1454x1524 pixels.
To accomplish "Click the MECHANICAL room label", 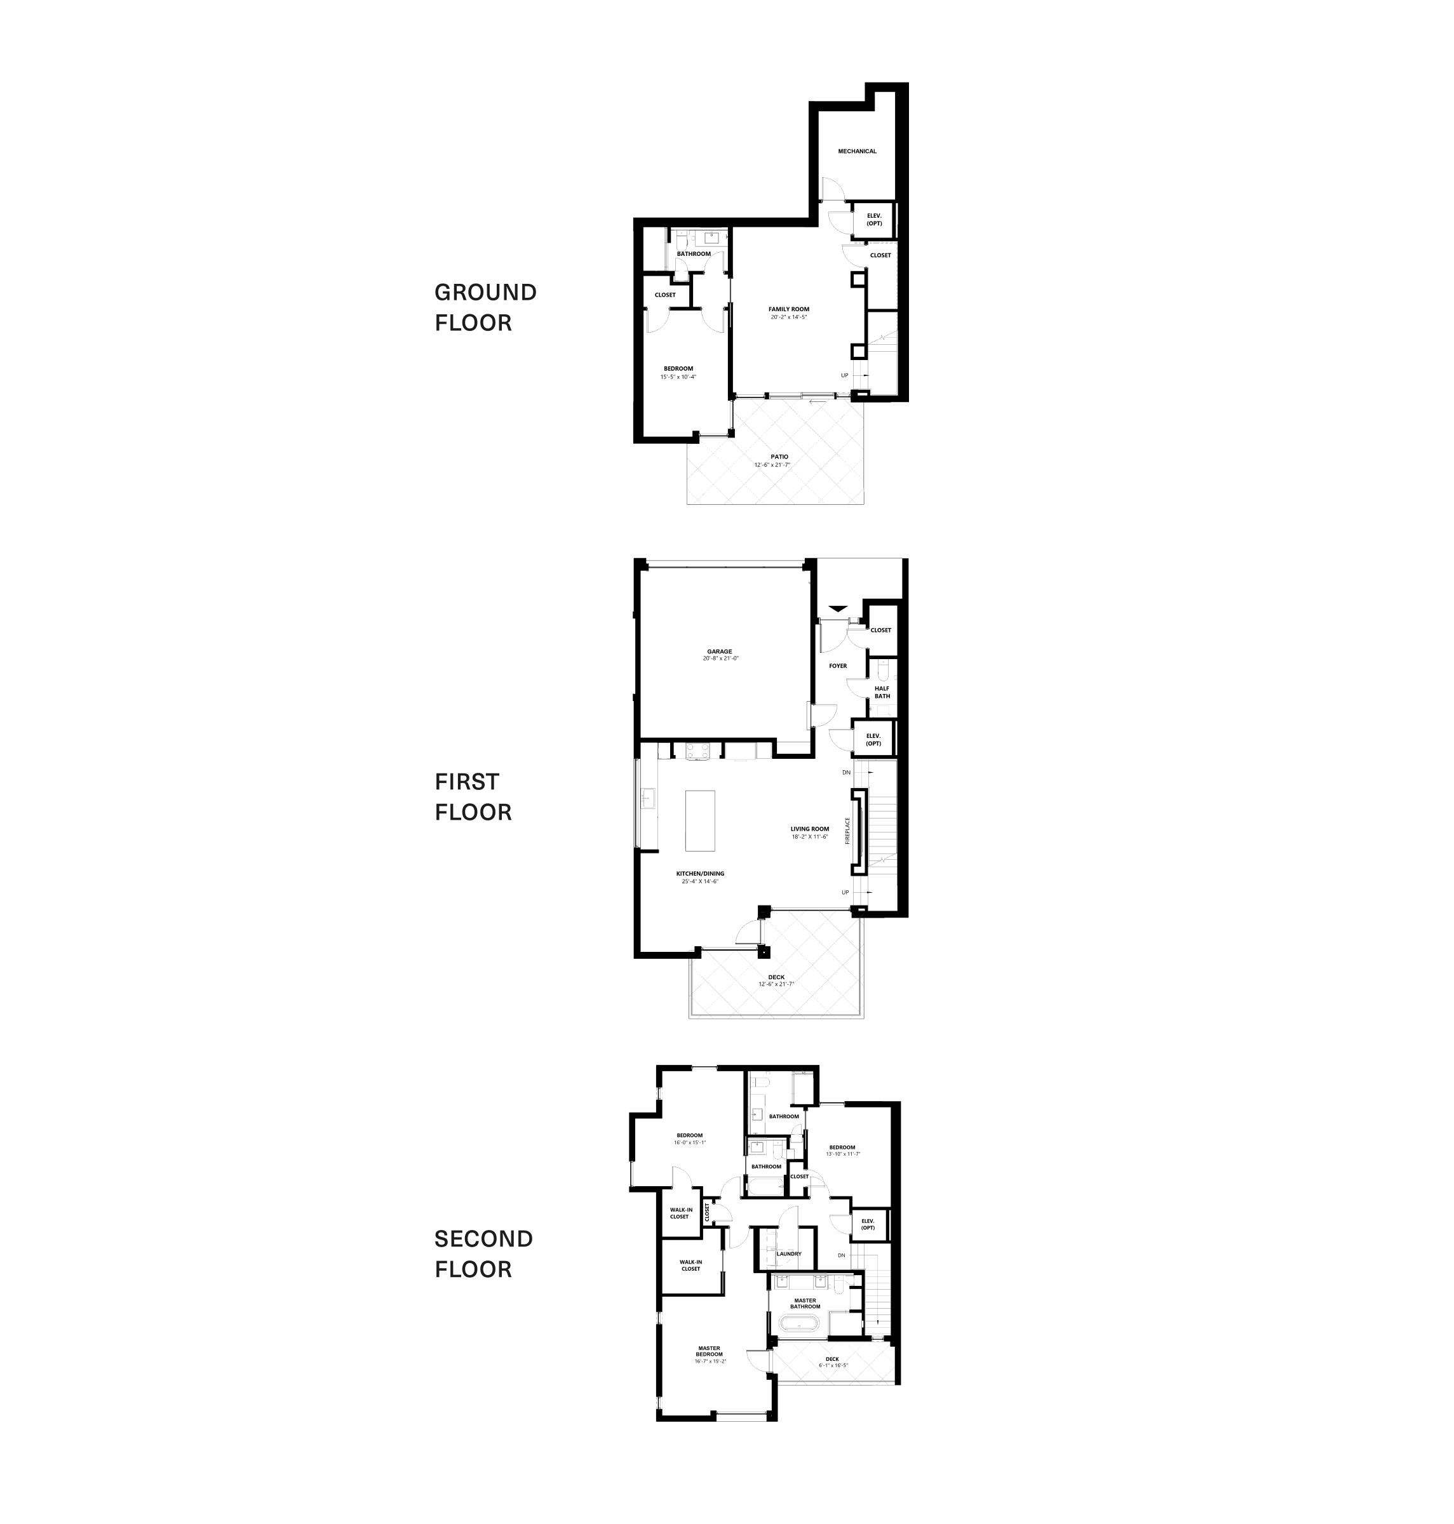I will tap(856, 151).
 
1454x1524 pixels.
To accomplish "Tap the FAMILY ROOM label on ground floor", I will tap(788, 309).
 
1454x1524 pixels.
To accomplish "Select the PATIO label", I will tap(779, 457).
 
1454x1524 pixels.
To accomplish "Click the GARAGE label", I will tap(719, 652).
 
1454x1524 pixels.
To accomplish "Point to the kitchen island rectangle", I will tap(700, 820).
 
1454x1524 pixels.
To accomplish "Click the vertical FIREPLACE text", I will tap(847, 831).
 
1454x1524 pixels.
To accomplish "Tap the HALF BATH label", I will tap(882, 692).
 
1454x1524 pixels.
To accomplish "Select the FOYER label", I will tap(838, 665).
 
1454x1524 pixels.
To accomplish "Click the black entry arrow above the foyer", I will tap(838, 609).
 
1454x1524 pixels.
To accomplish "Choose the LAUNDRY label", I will tap(789, 1253).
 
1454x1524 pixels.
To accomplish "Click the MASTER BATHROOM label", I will tap(805, 1303).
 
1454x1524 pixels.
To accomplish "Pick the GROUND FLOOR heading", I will tap(485, 307).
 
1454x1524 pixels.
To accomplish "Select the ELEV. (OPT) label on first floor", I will tap(873, 739).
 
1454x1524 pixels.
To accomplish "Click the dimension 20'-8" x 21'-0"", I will tap(720, 658).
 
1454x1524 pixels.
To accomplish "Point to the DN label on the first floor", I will tap(846, 772).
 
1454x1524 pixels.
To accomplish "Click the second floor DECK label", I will tap(831, 1359).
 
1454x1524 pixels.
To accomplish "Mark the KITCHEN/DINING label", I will tap(700, 873).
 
